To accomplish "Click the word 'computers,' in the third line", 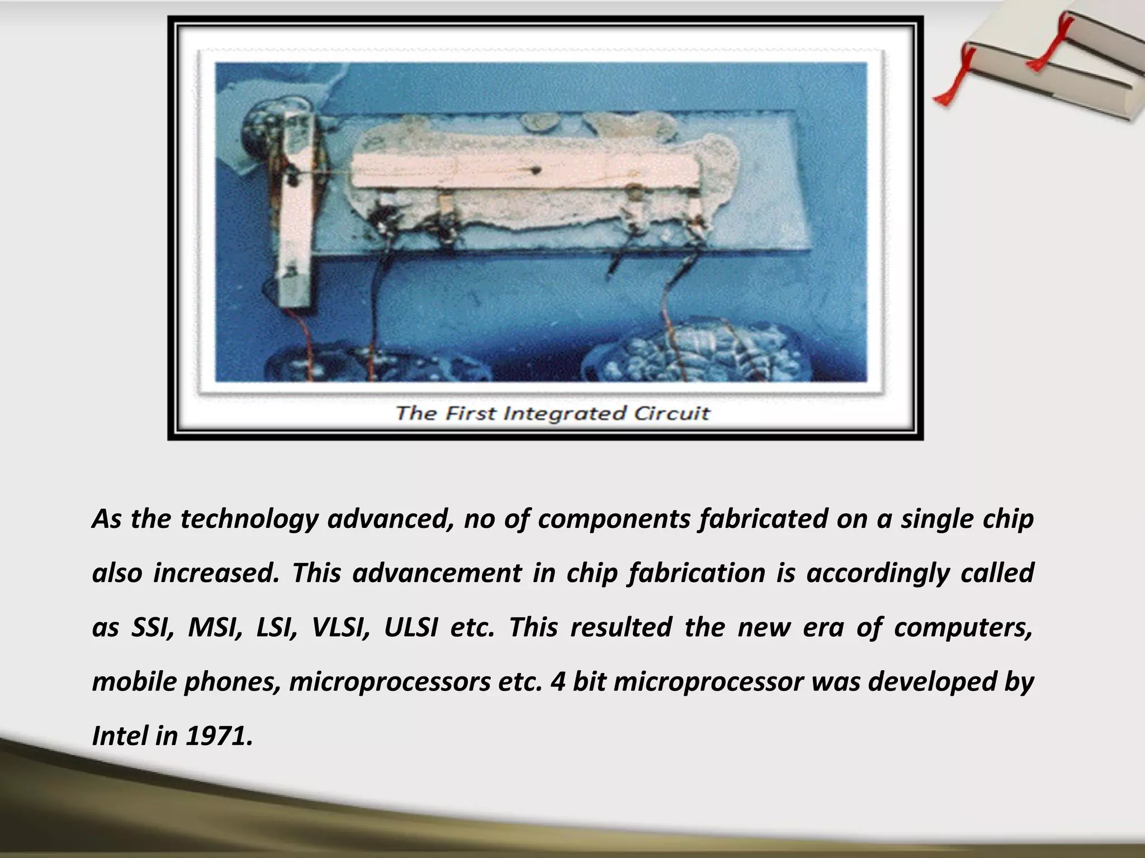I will [963, 627].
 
